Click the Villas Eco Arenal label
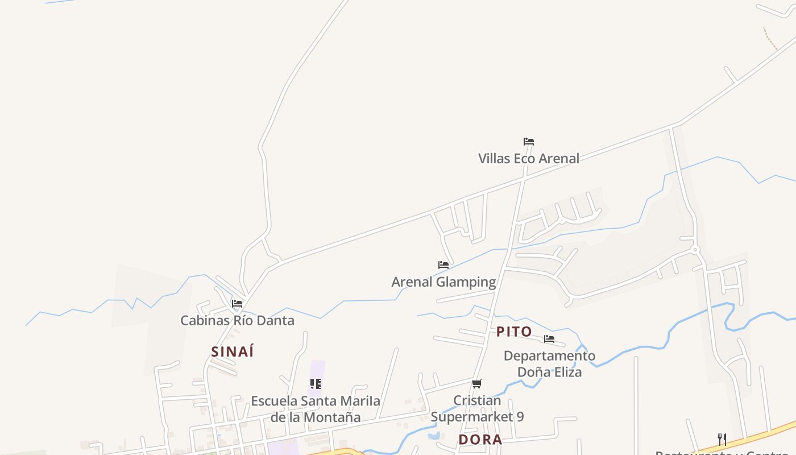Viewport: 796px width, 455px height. point(529,159)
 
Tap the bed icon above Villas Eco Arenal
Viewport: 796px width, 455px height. point(529,142)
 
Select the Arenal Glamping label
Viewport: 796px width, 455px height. point(443,282)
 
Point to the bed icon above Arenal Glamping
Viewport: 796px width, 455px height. point(443,265)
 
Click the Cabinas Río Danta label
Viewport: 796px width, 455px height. point(237,320)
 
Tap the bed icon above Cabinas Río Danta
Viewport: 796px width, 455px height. point(237,304)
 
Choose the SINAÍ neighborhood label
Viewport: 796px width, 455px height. point(233,352)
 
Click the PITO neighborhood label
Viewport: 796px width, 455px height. point(514,332)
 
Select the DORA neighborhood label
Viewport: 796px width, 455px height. point(480,440)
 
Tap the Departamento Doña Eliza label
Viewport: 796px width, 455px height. point(549,364)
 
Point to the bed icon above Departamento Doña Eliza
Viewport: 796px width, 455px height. point(549,339)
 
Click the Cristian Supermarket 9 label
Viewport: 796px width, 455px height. point(477,408)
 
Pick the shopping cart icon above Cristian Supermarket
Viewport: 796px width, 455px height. point(477,384)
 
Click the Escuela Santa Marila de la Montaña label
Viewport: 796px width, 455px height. point(316,409)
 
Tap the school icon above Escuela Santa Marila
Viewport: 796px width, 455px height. point(316,384)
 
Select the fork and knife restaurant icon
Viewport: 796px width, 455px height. point(722,439)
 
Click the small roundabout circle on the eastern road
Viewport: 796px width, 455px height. point(695,249)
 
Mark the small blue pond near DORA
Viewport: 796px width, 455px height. point(433,436)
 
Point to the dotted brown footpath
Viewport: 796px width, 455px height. point(770,39)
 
